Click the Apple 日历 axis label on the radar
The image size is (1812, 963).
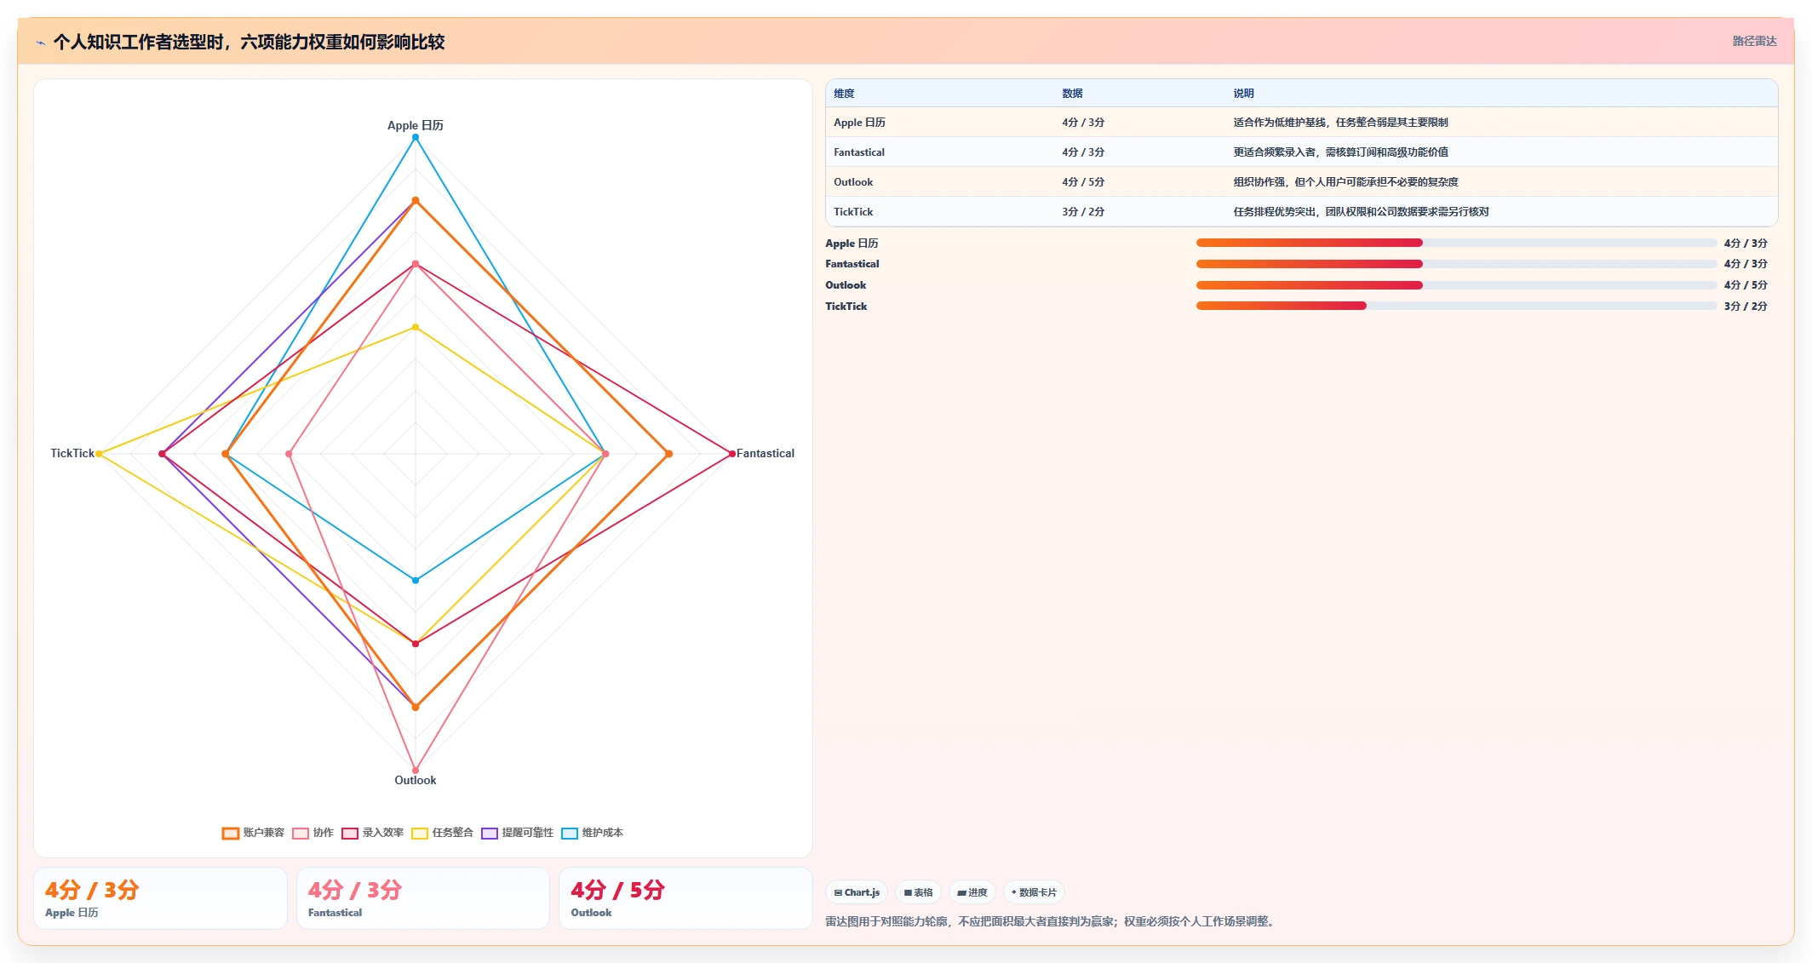tap(415, 125)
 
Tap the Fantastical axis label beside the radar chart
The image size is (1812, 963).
tap(765, 454)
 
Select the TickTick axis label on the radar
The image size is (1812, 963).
tap(72, 454)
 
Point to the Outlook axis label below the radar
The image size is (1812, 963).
tap(415, 780)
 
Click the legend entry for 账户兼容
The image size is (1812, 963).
tap(253, 833)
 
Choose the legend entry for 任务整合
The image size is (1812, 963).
tap(442, 833)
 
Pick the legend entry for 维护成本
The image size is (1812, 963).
tap(592, 833)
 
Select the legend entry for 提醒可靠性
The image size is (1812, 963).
tap(517, 833)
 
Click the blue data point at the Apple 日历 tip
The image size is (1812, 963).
tap(416, 137)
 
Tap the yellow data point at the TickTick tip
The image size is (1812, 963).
tap(99, 454)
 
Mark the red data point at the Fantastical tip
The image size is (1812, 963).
tap(732, 454)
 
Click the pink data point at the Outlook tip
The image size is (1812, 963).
tap(416, 770)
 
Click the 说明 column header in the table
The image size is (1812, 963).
tap(1243, 94)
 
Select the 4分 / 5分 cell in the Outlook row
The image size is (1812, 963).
tap(1082, 182)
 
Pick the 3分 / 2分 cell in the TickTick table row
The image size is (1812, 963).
tap(1082, 212)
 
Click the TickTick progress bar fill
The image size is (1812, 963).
tap(1281, 306)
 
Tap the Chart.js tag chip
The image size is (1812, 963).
tap(857, 892)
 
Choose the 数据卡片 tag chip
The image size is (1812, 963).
tap(1034, 892)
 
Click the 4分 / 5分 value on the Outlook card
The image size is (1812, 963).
tap(617, 890)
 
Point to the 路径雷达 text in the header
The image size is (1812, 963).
tap(1754, 41)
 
